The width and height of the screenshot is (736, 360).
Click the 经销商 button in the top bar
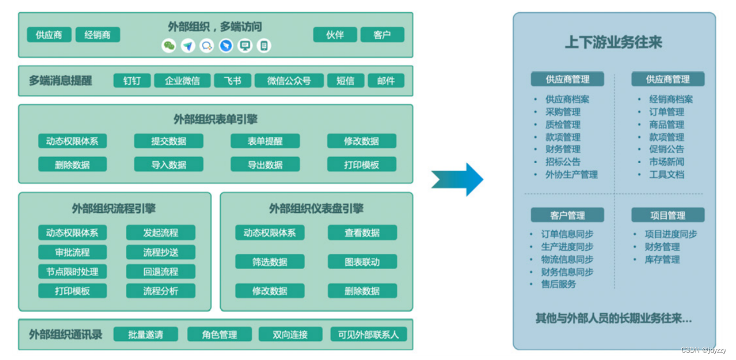click(x=98, y=35)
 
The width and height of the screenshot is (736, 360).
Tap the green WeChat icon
click(x=169, y=46)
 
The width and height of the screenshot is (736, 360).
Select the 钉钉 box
click(x=132, y=81)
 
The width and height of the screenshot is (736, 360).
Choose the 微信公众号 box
click(x=289, y=81)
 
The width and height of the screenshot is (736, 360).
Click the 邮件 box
click(x=386, y=81)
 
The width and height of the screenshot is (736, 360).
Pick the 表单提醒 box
click(x=265, y=141)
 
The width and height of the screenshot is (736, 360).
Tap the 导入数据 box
click(x=169, y=164)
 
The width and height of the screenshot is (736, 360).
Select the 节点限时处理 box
click(x=72, y=272)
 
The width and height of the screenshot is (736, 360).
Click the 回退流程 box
click(x=161, y=272)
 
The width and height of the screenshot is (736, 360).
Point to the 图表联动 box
click(x=362, y=262)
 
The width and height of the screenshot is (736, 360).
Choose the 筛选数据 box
click(x=270, y=262)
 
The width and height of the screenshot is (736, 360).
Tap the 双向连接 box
click(x=291, y=334)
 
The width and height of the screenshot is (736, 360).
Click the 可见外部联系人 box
click(x=368, y=334)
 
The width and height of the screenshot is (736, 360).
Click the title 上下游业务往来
click(x=613, y=42)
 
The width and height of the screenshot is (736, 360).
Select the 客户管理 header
click(x=567, y=215)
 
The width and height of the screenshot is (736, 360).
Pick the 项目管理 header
click(x=668, y=215)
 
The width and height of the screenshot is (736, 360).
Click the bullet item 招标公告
click(x=562, y=162)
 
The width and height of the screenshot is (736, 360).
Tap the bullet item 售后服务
click(x=558, y=284)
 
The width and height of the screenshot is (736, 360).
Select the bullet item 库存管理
click(x=662, y=259)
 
